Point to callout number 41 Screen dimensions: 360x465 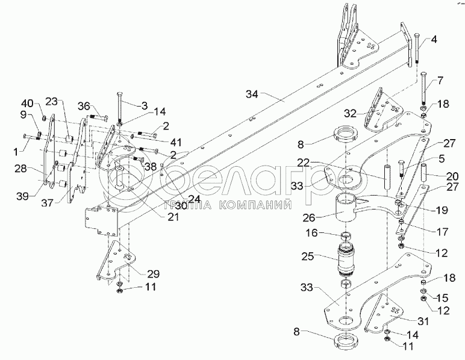point(176,143)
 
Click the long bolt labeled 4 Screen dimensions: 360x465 point(416,48)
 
